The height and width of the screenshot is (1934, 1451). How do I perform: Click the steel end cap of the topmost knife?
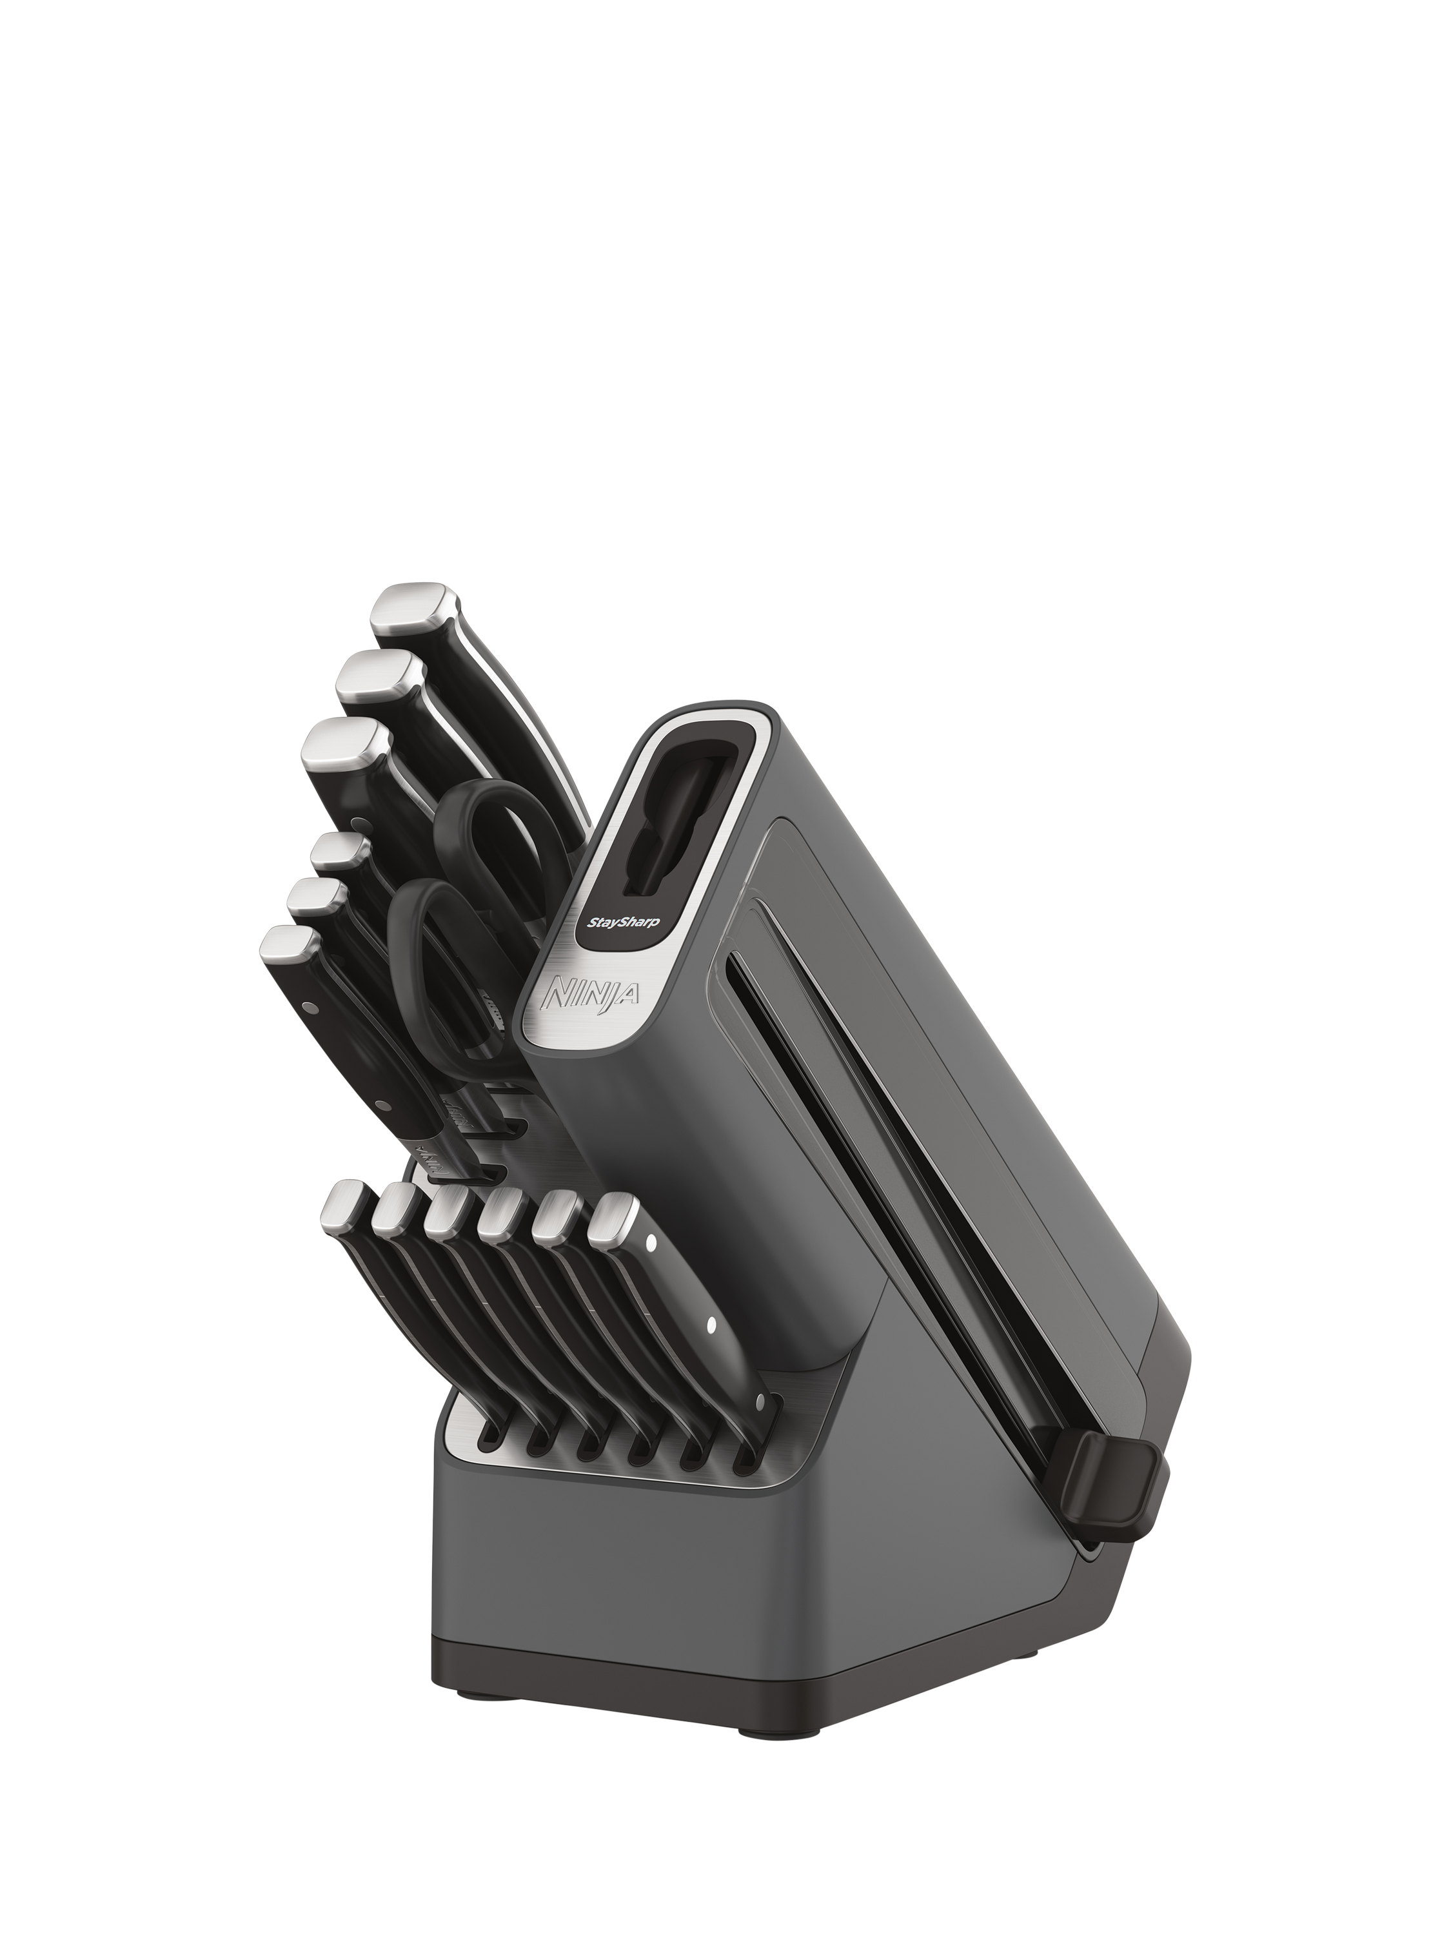pyautogui.click(x=414, y=609)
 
